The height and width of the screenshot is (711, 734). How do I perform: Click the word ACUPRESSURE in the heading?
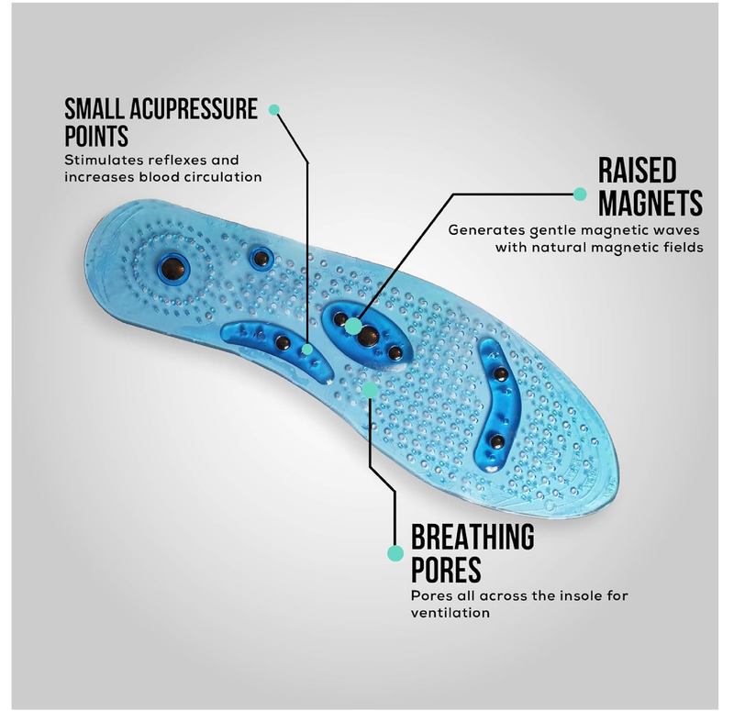[x=187, y=108]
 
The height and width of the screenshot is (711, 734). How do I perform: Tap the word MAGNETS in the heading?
[x=651, y=202]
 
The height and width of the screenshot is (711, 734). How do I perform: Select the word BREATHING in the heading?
[x=473, y=538]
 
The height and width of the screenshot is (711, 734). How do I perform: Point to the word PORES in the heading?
[x=446, y=570]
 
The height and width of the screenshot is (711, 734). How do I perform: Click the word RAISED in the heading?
[x=638, y=171]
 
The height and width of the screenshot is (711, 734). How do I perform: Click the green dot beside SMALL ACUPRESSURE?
[x=273, y=109]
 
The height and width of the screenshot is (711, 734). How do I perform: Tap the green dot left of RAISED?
[x=580, y=194]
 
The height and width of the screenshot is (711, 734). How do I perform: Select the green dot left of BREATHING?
[x=395, y=553]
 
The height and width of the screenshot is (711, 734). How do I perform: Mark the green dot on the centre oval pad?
[x=354, y=326]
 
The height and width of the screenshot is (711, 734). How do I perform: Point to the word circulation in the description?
[x=217, y=176]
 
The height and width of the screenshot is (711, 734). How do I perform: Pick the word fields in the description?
[x=683, y=247]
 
